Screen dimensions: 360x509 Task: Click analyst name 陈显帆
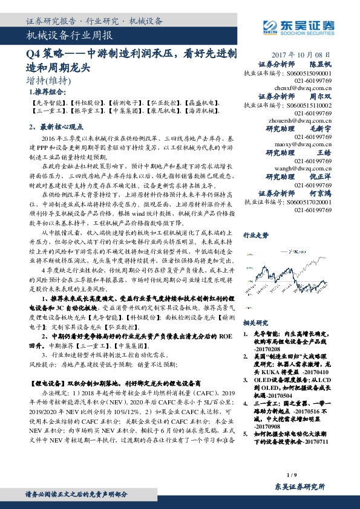click(x=321, y=63)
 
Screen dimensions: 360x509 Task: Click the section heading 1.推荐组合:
click(x=47, y=92)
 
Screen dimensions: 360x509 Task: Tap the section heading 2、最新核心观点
click(x=57, y=127)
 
